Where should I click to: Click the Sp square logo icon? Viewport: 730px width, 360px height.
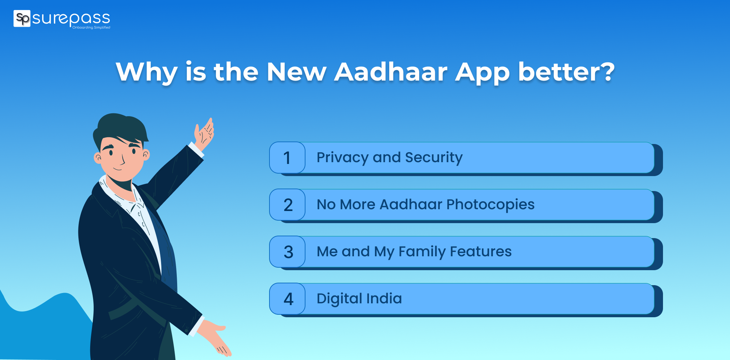[x=22, y=19]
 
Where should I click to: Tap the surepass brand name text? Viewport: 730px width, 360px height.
[x=71, y=18]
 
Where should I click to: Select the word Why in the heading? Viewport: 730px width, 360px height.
[x=146, y=72]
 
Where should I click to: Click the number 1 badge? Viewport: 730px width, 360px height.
[x=287, y=158]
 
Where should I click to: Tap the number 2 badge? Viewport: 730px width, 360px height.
[x=288, y=205]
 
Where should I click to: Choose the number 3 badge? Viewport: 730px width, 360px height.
[x=288, y=252]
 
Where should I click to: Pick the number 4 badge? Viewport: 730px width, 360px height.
[x=288, y=299]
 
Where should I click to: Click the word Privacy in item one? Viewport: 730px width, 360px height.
[x=342, y=158]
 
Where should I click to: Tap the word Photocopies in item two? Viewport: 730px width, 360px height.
[x=490, y=205]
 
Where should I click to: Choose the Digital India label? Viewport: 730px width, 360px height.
[x=359, y=298]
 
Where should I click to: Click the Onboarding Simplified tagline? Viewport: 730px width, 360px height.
[x=91, y=27]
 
